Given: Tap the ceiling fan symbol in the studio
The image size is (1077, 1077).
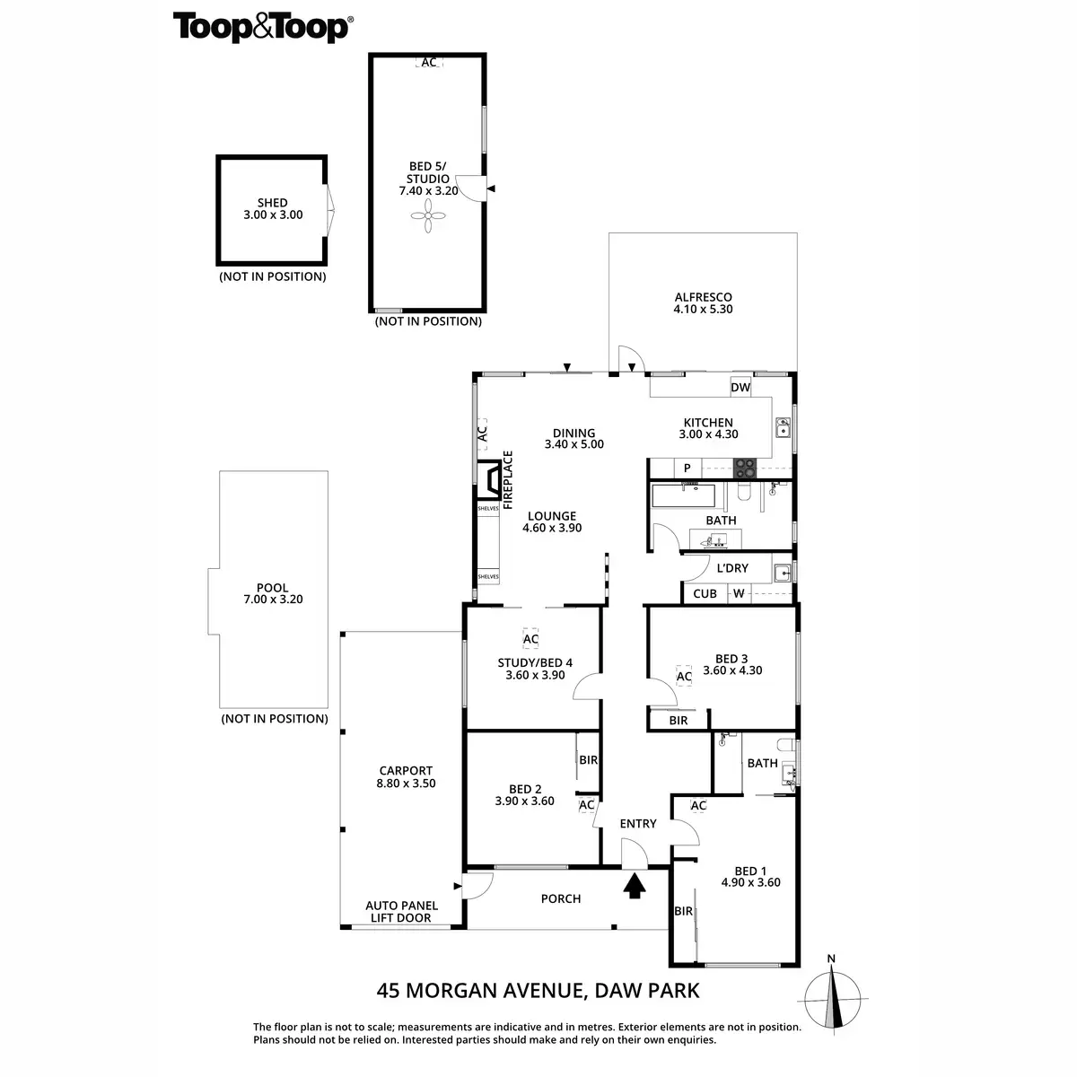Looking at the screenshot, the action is point(428,215).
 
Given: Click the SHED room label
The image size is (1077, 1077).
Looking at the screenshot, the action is point(273,209).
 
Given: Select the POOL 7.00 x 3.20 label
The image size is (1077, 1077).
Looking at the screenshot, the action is point(273,594).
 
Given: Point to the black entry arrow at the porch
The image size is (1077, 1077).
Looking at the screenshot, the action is point(635,886).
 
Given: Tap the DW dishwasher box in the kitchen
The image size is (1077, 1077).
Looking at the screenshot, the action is point(740,388).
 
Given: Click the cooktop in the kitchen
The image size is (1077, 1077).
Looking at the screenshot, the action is point(745,468).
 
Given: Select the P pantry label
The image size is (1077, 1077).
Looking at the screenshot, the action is point(687,468).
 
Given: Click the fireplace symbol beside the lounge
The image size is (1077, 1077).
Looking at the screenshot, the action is point(492,479).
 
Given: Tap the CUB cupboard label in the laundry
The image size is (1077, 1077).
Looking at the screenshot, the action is point(705,593).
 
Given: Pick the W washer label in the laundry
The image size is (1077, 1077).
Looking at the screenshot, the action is point(739,593).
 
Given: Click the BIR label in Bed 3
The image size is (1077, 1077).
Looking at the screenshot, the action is point(679,720).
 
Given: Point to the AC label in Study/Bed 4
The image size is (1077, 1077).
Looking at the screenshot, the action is point(530,639).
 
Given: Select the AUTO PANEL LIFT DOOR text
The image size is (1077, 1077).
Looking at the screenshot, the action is point(401,912).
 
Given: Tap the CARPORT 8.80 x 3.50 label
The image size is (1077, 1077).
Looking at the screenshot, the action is point(407,776).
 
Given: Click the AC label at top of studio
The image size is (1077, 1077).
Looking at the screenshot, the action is point(429,63).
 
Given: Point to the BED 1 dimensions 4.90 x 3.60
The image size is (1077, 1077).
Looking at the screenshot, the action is point(750,882).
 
